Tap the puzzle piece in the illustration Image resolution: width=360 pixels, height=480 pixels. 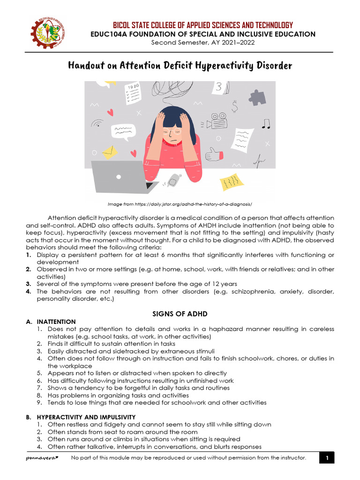pyautogui.click(x=257, y=97)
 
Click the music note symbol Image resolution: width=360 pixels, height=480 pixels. pyautogui.click(x=266, y=124)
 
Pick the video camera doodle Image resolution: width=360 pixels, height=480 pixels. pyautogui.click(x=217, y=121)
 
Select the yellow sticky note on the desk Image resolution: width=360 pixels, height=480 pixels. pyautogui.click(x=232, y=181)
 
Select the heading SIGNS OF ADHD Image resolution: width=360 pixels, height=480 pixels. pyautogui.click(x=180, y=314)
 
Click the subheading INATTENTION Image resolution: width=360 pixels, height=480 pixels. pyautogui.click(x=56, y=322)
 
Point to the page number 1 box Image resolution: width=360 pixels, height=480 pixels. pyautogui.click(x=328, y=458)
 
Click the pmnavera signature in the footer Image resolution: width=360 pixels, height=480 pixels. pyautogui.click(x=42, y=458)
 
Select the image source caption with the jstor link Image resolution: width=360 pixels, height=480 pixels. pyautogui.click(x=180, y=204)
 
